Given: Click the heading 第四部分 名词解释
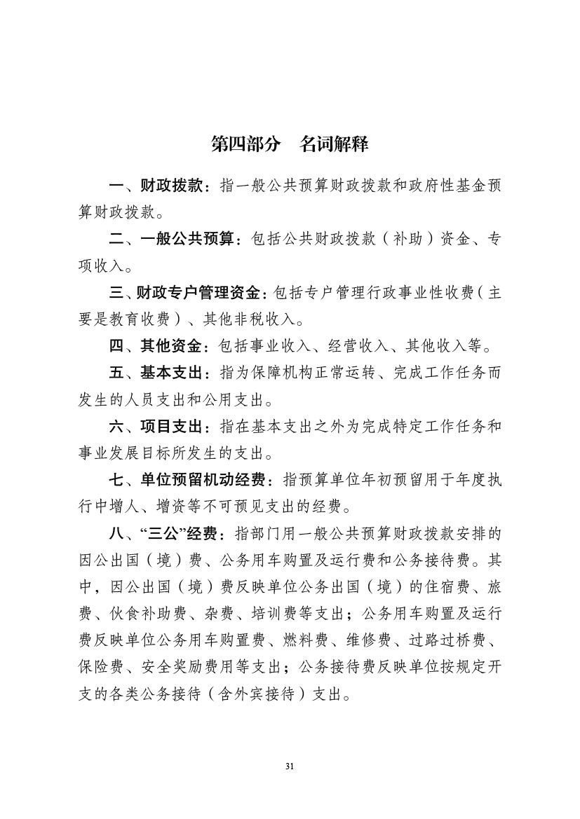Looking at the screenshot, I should (290, 144).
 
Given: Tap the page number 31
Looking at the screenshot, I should (290, 766).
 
